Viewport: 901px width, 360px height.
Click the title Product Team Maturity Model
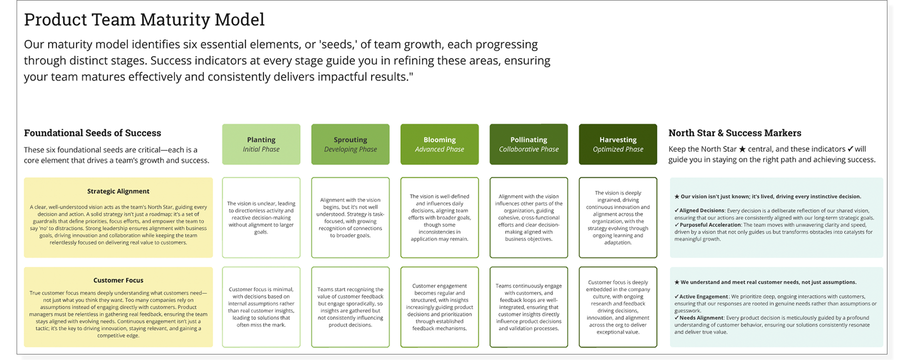click(144, 20)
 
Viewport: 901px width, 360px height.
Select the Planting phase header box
click(261, 144)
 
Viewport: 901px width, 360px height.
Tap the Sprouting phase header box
click(350, 144)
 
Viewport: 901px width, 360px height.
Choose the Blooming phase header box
click(439, 144)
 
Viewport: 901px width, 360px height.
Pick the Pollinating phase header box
click(528, 144)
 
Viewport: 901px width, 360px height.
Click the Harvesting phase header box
click(618, 144)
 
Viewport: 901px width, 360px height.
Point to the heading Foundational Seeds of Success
click(93, 133)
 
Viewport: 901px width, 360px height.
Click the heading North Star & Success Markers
click(735, 133)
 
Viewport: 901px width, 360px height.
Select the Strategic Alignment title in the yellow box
click(118, 192)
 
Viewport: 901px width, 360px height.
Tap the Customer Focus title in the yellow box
click(118, 281)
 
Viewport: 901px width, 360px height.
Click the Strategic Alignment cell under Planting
click(261, 218)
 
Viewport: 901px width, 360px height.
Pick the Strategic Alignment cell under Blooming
click(439, 218)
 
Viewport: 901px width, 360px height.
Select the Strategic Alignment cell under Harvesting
click(618, 218)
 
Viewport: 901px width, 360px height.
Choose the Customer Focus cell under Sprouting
click(350, 307)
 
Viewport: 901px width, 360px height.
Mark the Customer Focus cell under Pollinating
click(528, 307)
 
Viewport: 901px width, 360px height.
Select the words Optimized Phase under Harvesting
click(618, 149)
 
